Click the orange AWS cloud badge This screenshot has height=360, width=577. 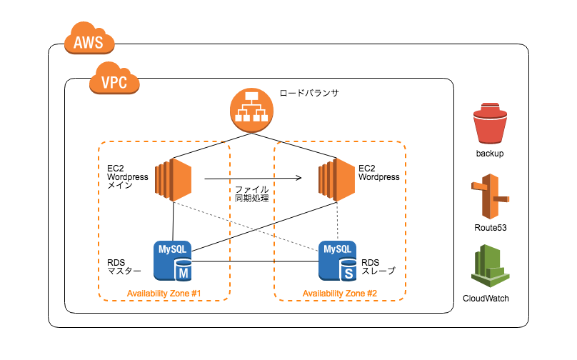point(89,39)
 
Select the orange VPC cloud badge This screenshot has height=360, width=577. point(114,78)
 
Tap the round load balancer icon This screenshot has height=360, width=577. point(251,110)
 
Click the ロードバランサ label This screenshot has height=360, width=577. point(309,93)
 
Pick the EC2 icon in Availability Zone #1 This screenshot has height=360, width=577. point(174,179)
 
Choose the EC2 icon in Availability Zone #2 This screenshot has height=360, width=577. point(337,179)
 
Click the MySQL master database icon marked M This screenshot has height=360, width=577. point(173,261)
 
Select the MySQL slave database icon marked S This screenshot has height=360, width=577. point(338,261)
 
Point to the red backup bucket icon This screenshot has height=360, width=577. point(490,124)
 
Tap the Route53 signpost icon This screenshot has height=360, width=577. point(490,196)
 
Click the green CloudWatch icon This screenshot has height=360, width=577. point(490,266)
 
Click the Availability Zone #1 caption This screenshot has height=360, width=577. point(164,294)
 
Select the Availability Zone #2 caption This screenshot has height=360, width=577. point(340,294)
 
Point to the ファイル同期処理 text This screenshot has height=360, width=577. point(251,194)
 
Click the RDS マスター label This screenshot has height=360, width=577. point(124,267)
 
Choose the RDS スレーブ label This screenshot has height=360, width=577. point(378,267)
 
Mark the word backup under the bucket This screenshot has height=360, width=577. point(490,154)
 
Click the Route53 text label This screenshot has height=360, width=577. point(490,228)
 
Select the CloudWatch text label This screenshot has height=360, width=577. point(486,299)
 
